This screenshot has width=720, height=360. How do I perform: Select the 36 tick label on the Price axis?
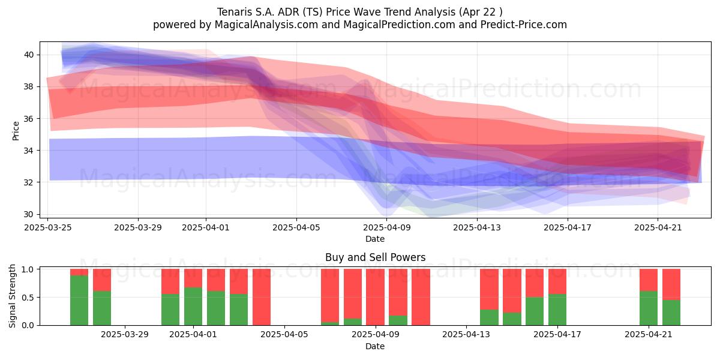[x=29, y=119]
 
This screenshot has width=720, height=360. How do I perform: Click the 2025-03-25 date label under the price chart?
[x=48, y=227]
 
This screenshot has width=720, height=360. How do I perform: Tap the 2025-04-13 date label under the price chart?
[x=477, y=227]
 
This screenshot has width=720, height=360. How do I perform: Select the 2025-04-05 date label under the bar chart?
[x=284, y=335]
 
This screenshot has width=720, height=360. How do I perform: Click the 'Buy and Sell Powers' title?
[x=375, y=257]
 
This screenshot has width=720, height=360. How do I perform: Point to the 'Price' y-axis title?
[x=16, y=131]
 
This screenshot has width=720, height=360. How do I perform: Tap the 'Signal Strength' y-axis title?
[x=12, y=296]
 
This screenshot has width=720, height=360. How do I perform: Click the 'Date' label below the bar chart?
[x=375, y=346]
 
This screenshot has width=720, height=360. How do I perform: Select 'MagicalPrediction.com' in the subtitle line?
[x=399, y=25]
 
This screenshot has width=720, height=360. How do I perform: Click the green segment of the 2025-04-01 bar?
[x=193, y=307]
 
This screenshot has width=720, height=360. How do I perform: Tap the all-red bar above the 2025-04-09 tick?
[x=375, y=297]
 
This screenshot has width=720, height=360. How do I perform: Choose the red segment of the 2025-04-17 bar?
[x=557, y=281]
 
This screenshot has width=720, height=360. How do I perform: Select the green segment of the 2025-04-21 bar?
[x=649, y=308]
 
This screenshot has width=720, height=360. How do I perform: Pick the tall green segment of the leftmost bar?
[x=79, y=301]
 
